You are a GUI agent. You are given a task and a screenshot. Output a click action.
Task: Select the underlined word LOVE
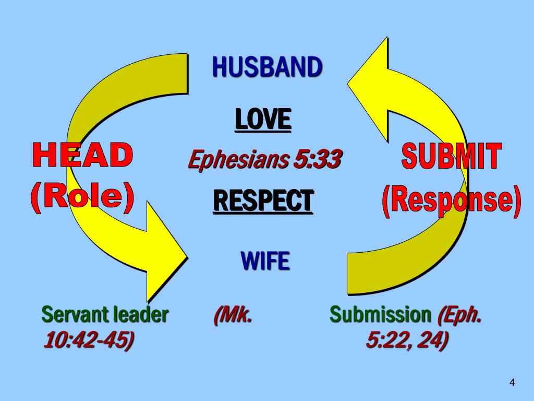[x=262, y=119]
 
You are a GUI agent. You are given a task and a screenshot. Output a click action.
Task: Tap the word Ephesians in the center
[x=237, y=160]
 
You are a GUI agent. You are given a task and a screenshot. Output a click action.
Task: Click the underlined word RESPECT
[x=263, y=200]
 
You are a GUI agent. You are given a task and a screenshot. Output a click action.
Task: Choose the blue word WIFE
[x=265, y=261]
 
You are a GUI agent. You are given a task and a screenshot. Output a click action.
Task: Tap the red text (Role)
[x=82, y=197]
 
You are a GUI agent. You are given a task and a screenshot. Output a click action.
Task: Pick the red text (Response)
[x=452, y=200]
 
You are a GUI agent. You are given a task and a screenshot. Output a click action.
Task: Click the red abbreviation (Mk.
[x=233, y=315]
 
